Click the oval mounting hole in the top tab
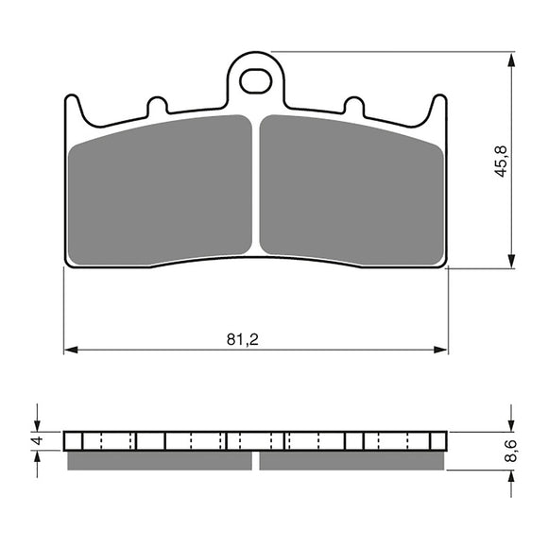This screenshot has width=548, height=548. pyautogui.click(x=255, y=81)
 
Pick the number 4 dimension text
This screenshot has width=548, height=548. pyautogui.click(x=38, y=440)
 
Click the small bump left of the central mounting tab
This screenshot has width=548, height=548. pyautogui.click(x=158, y=103)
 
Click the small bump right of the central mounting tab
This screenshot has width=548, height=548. pyautogui.click(x=353, y=103)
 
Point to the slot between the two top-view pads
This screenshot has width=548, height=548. pyautogui.click(x=255, y=189)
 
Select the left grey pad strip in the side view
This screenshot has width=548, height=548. pyautogui.click(x=160, y=461)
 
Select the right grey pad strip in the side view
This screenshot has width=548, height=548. pyautogui.click(x=351, y=461)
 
